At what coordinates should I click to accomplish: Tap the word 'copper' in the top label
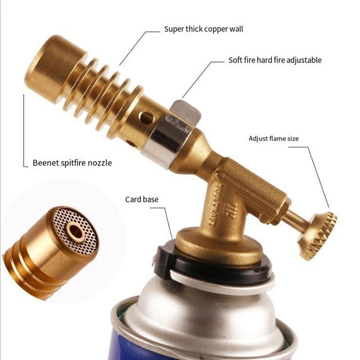click(215, 29)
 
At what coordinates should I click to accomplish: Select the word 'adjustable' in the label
click(304, 60)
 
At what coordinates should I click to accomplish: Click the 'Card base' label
click(142, 199)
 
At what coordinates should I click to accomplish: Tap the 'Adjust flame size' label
click(274, 139)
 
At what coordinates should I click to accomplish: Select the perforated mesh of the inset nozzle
click(75, 231)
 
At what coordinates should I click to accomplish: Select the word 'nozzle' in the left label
click(100, 163)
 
